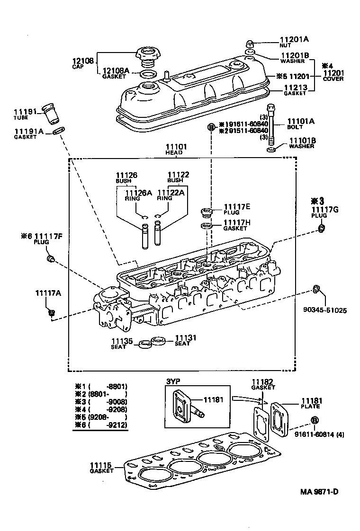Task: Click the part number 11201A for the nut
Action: click(x=294, y=39)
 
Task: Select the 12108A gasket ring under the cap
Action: click(x=149, y=74)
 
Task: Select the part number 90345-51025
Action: click(x=325, y=310)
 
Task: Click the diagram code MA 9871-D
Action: click(x=319, y=491)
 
